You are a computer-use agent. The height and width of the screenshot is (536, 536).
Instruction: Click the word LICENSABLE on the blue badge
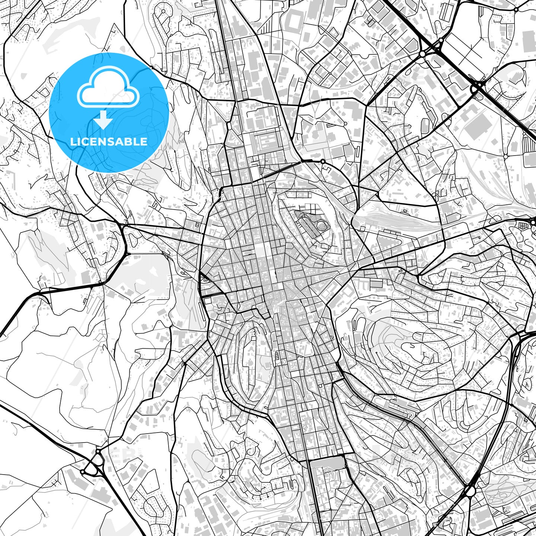pos(109,142)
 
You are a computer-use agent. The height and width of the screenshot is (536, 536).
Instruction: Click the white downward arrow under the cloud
pos(103,120)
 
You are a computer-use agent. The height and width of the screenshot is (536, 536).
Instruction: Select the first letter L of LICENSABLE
pos(73,142)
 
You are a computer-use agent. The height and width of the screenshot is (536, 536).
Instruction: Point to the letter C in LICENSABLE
pos(83,142)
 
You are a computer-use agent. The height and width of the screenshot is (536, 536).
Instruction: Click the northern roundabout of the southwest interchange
pos(98,451)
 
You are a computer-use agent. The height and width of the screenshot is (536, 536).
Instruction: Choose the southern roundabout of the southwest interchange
pos(82,472)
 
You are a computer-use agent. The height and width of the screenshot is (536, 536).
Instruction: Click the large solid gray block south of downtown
pos(327,463)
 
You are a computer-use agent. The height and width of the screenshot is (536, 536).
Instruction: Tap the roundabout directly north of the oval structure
pos(323,161)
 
